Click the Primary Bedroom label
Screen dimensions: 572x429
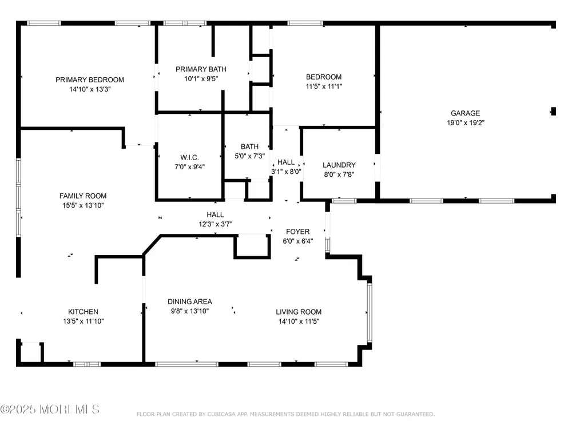[90, 80]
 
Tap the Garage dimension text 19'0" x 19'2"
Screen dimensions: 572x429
[466, 123]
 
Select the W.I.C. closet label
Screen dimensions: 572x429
[190, 158]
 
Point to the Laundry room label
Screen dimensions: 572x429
[339, 165]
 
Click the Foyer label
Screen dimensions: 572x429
[297, 232]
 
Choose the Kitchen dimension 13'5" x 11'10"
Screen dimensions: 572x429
[83, 321]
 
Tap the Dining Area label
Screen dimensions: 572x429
[190, 301]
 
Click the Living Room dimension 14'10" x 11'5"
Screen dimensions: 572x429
[299, 321]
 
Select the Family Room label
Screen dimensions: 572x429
[83, 196]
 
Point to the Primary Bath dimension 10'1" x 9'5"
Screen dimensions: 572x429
[201, 78]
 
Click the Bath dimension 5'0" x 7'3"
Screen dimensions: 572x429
[249, 156]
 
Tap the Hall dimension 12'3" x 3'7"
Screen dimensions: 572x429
[215, 224]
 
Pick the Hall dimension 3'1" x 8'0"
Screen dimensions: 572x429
[286, 172]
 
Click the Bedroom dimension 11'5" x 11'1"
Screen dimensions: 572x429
[324, 86]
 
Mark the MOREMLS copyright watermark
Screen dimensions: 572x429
[50, 410]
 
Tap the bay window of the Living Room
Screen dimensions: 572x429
[369, 313]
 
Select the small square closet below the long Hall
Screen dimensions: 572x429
[252, 247]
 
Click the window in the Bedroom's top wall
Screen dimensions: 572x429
[305, 23]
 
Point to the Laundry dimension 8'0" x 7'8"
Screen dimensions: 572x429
[339, 174]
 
